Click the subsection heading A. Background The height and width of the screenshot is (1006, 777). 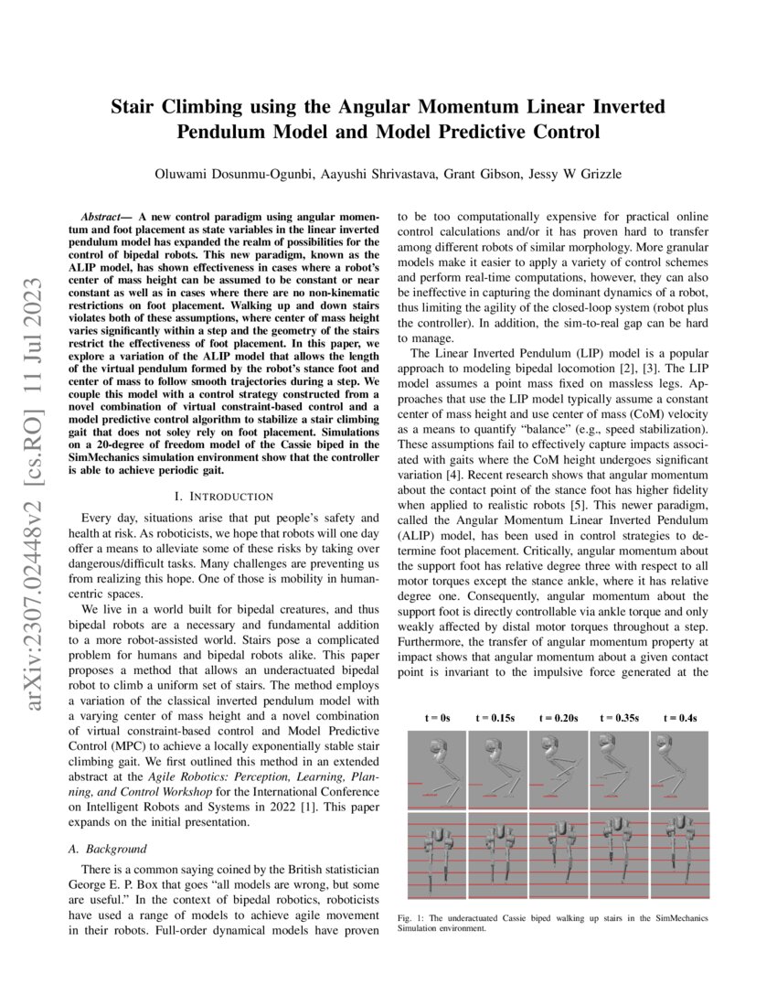(x=108, y=849)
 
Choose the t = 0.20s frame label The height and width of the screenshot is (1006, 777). (x=559, y=719)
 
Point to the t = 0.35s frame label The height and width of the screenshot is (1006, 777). (x=620, y=719)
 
